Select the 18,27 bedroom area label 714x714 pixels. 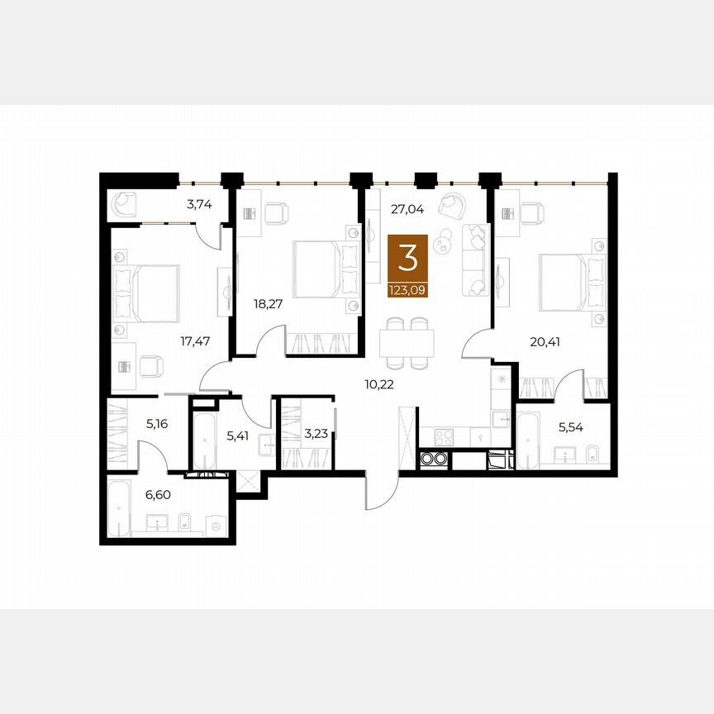coord(269,303)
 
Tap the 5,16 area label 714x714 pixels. coord(157,424)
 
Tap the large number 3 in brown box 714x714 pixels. coord(408,258)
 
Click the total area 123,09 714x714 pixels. coord(408,289)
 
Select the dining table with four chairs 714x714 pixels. coord(405,341)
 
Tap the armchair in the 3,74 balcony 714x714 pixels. coord(125,202)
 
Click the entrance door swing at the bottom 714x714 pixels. coord(377,494)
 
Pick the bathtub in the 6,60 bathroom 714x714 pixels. coord(119,509)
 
